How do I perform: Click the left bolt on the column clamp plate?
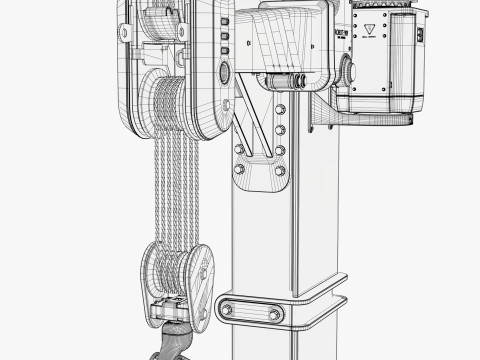(x=227, y=310)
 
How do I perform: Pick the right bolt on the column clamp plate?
(x=271, y=315)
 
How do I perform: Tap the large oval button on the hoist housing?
(x=224, y=73)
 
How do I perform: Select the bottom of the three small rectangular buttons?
(x=224, y=49)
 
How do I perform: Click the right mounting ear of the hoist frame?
(x=183, y=32)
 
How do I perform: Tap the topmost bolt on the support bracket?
(x=279, y=109)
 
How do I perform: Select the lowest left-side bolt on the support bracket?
(x=238, y=168)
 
